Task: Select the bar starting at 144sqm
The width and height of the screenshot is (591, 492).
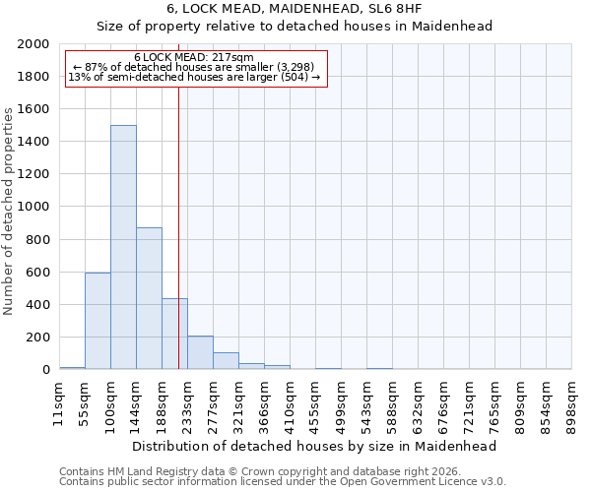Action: point(149,299)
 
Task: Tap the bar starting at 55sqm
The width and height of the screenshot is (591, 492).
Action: point(98,321)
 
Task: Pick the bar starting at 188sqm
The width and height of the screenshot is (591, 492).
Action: point(174,334)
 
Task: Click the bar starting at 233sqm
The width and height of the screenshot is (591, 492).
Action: point(200,352)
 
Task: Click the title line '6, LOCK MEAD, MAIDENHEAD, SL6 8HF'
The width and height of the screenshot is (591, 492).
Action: point(295,8)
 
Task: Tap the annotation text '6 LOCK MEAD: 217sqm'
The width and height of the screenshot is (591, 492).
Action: point(194,58)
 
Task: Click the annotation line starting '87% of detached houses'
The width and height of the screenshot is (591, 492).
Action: point(194,68)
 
